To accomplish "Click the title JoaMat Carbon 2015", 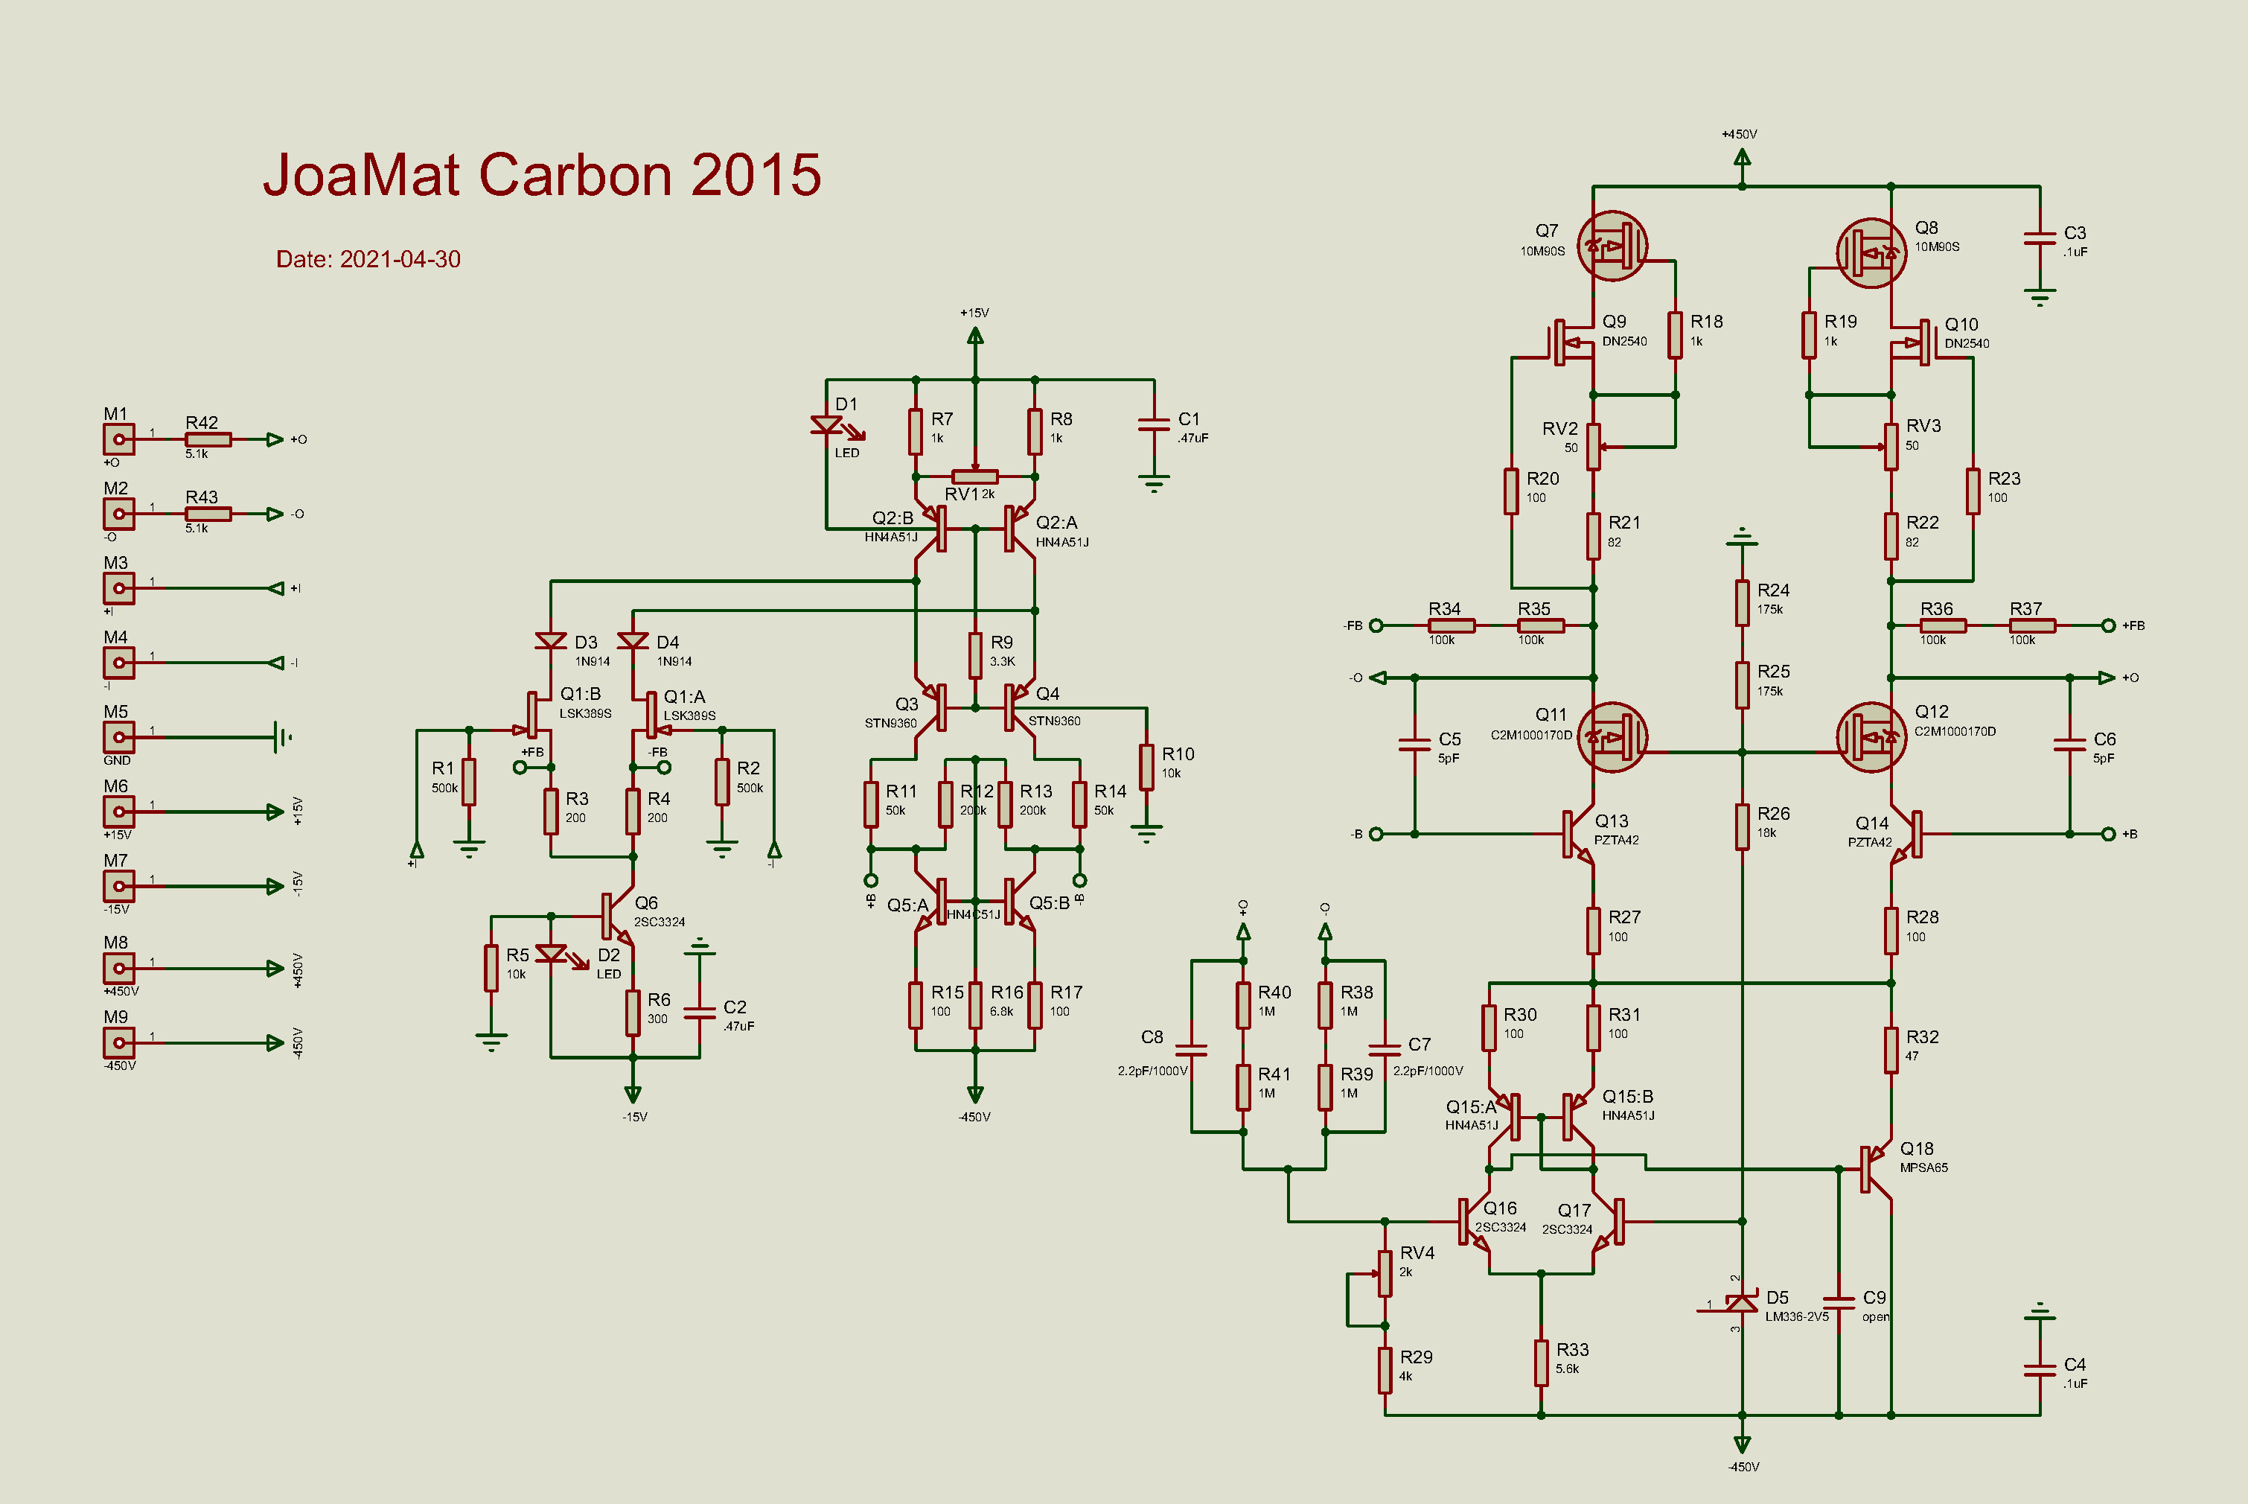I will pos(542,176).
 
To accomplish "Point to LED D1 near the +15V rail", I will pos(827,426).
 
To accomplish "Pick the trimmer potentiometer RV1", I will pos(974,477).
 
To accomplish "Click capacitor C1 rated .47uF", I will pos(1154,424).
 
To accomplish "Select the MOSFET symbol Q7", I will pos(1612,246).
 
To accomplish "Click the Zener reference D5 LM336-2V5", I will pos(1742,1302).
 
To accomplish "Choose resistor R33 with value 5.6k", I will pos(1541,1362).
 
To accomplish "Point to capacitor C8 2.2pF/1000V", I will pos(1191,1048).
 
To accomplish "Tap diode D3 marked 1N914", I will pos(551,641).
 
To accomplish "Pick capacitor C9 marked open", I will pos(1839,1302).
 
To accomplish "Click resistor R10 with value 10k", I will pos(1146,765).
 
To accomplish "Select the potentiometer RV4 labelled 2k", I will pos(1385,1273).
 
